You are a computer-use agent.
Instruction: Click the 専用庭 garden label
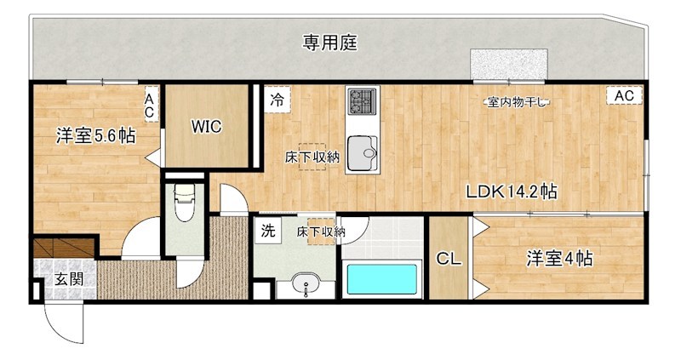tap(329, 42)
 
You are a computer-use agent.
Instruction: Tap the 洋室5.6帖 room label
tap(96, 134)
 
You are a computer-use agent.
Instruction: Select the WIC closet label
tap(206, 127)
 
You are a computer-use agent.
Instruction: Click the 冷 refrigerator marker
tap(277, 99)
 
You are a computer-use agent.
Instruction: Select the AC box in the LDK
tap(624, 96)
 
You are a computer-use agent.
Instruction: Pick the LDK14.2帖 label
tap(511, 192)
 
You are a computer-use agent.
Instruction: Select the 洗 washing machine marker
tap(267, 230)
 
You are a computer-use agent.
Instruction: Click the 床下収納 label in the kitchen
tap(312, 156)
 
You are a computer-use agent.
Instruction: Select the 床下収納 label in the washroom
tap(321, 231)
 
